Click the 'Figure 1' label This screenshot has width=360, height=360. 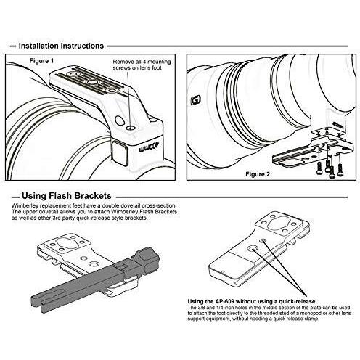(41, 61)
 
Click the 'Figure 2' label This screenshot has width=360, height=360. (258, 174)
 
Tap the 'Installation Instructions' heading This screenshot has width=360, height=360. (61, 46)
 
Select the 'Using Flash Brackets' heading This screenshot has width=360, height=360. (67, 195)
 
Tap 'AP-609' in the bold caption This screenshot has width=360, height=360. (224, 301)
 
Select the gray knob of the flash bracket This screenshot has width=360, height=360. (146, 261)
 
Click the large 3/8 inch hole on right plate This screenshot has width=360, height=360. (253, 248)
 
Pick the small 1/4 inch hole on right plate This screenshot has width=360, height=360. (263, 241)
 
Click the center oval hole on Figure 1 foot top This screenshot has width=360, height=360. (92, 83)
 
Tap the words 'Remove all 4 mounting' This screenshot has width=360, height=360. (142, 62)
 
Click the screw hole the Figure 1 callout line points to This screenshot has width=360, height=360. (130, 127)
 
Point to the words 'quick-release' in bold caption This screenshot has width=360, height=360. (297, 301)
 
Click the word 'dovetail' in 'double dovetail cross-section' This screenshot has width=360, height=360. (131, 206)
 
